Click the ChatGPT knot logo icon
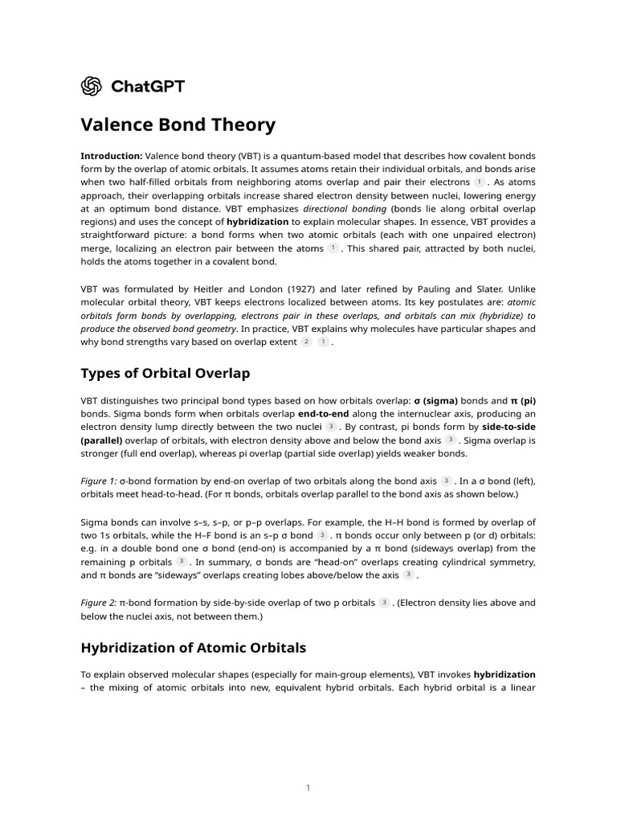click(x=91, y=86)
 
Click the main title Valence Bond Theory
click(x=178, y=125)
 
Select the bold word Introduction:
click(x=112, y=155)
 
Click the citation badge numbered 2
click(x=306, y=342)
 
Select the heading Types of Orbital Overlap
click(x=165, y=373)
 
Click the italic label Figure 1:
click(x=100, y=481)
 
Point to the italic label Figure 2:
click(x=100, y=602)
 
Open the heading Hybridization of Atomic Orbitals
click(x=193, y=647)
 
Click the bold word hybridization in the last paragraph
click(x=505, y=674)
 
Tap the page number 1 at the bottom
click(x=308, y=788)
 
